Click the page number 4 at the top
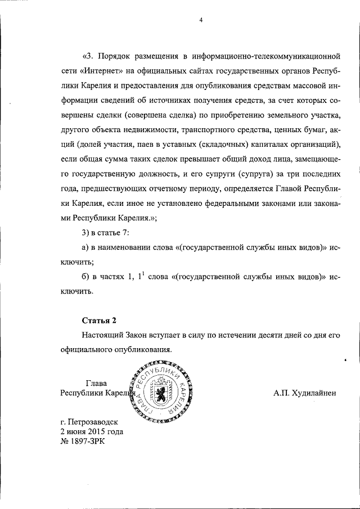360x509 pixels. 200,21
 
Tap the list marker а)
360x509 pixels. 86,247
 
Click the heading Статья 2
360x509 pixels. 99,321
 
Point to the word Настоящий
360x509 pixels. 103,335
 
